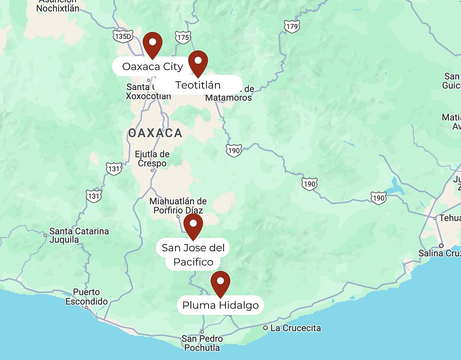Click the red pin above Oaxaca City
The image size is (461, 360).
[152, 44]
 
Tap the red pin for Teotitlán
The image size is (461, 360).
[198, 62]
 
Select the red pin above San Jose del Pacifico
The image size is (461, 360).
[193, 225]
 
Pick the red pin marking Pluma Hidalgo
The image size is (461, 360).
[220, 283]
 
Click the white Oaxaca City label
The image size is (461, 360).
[152, 67]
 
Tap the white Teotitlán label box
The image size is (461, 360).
[198, 85]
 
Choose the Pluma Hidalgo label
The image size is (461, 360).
[220, 306]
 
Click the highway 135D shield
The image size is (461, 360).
[122, 36]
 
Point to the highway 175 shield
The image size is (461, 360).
[183, 37]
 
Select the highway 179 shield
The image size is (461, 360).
[292, 26]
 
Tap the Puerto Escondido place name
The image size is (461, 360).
[86, 297]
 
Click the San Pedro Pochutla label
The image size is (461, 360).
[202, 343]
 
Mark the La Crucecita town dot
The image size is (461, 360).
[265, 328]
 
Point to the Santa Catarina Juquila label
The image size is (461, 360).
[79, 235]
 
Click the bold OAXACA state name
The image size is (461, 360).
[155, 133]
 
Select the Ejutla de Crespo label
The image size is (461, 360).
[152, 158]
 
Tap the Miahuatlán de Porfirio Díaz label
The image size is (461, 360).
[178, 206]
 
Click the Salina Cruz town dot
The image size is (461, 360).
[441, 246]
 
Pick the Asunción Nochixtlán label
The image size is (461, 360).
[58, 5]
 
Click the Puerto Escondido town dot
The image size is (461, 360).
[86, 308]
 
